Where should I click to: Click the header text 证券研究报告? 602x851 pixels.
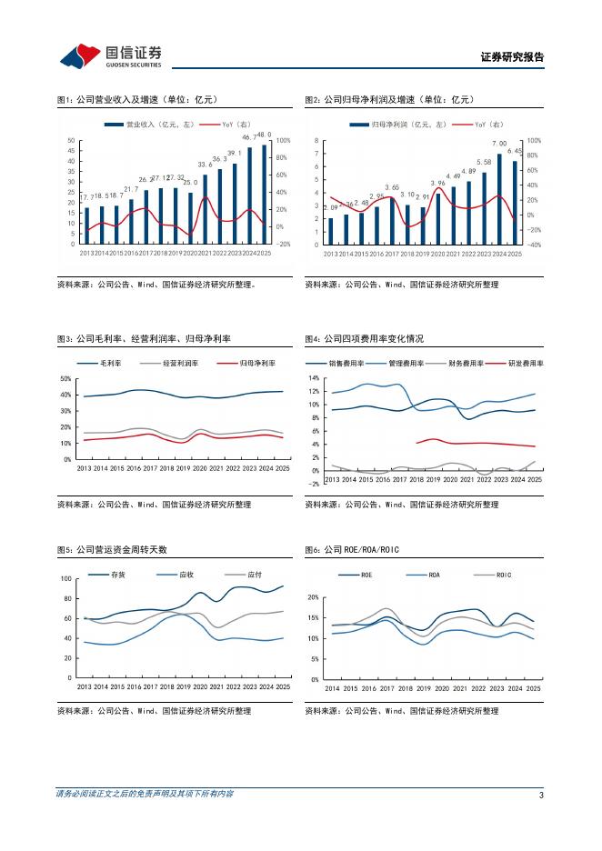[x=512, y=57]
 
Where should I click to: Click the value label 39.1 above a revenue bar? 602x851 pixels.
[x=234, y=153]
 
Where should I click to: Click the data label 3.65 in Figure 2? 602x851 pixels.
[x=392, y=187]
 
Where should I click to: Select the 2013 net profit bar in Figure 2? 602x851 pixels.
[x=330, y=230]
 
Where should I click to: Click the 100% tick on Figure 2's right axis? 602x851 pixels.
[x=534, y=141]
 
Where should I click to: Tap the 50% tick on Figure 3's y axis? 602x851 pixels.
[x=65, y=379]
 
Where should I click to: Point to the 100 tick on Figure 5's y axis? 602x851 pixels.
[x=65, y=579]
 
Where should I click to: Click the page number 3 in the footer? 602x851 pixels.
[x=541, y=796]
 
